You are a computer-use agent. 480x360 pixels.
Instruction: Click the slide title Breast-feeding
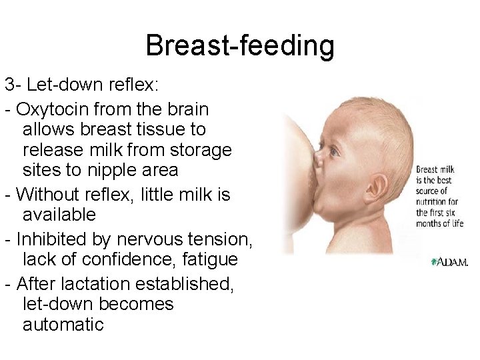click(240, 46)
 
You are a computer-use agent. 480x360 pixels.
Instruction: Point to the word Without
click(48, 195)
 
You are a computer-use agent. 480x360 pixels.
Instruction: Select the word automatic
click(63, 325)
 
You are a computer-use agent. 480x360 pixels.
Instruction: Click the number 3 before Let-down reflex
click(9, 85)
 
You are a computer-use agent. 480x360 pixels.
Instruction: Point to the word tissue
click(184, 129)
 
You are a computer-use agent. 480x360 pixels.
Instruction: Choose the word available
click(59, 215)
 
